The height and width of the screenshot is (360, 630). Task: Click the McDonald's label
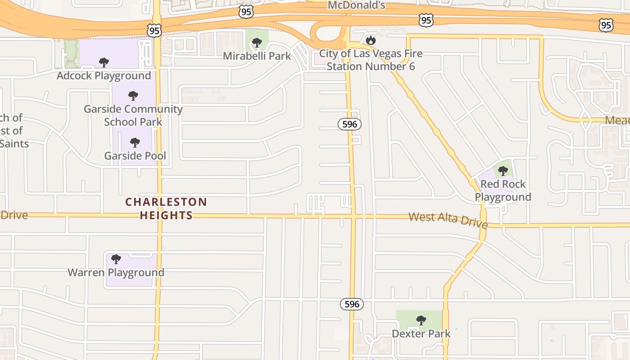click(x=356, y=5)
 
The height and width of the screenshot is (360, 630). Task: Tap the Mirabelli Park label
click(x=257, y=56)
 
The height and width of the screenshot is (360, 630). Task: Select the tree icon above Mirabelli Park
click(x=257, y=43)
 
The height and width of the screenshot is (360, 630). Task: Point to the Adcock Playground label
click(x=103, y=76)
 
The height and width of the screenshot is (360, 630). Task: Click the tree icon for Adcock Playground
click(x=104, y=63)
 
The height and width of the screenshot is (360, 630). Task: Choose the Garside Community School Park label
click(x=133, y=115)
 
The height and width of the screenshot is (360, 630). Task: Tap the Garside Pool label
click(x=135, y=156)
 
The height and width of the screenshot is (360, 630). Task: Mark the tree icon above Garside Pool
click(x=135, y=143)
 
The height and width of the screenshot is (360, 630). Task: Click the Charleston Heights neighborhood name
click(x=166, y=208)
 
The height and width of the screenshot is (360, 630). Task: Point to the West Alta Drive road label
click(x=448, y=220)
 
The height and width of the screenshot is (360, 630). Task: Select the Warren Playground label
click(x=116, y=272)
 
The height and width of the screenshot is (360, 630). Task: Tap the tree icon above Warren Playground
click(x=116, y=259)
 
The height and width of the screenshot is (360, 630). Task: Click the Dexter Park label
click(x=421, y=333)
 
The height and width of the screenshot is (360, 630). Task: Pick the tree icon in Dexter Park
click(x=421, y=320)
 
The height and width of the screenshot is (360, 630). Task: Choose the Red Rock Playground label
click(x=503, y=190)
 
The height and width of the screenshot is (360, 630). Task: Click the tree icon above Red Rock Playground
click(x=503, y=171)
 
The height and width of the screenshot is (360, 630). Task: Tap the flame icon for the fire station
click(x=370, y=40)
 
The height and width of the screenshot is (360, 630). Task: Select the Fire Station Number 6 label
click(x=371, y=60)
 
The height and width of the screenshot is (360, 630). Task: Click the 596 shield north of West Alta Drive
click(x=350, y=124)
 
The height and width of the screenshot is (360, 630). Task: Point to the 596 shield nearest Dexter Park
click(x=352, y=304)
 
